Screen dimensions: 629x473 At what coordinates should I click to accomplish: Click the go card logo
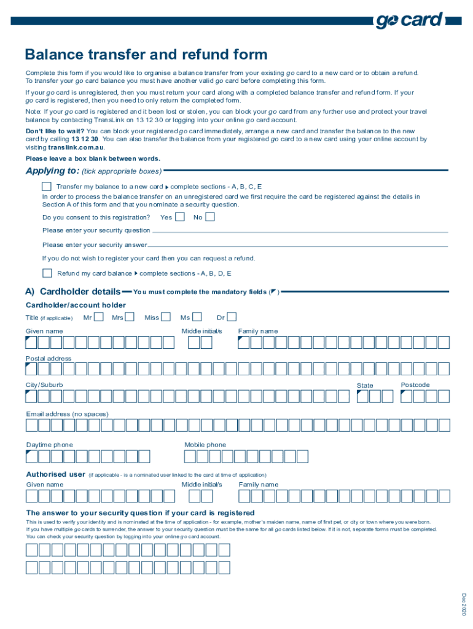(x=409, y=21)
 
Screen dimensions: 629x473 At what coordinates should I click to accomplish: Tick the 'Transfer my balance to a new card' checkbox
(x=47, y=186)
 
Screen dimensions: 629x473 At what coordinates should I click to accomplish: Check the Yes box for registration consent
(x=180, y=217)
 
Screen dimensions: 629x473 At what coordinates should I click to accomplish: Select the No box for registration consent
(x=210, y=217)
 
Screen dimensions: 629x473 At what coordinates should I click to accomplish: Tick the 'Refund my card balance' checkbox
(x=47, y=273)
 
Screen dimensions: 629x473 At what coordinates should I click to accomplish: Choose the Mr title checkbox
(x=99, y=318)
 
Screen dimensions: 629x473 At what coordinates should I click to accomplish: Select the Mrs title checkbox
(x=131, y=318)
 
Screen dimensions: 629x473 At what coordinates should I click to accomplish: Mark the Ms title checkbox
(x=197, y=318)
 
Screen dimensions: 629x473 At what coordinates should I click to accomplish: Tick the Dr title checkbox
(x=232, y=318)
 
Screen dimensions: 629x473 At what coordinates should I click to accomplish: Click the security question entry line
(x=300, y=232)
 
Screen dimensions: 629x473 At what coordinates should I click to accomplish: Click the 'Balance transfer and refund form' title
(x=146, y=55)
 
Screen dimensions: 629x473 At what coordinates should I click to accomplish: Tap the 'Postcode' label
(x=415, y=385)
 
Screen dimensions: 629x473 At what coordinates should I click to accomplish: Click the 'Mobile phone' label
(x=205, y=445)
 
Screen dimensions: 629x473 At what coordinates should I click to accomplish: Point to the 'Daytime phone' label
(x=49, y=445)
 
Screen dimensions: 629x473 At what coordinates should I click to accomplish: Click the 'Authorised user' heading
(x=55, y=474)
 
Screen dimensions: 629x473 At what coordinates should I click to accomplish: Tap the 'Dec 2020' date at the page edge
(x=465, y=604)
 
